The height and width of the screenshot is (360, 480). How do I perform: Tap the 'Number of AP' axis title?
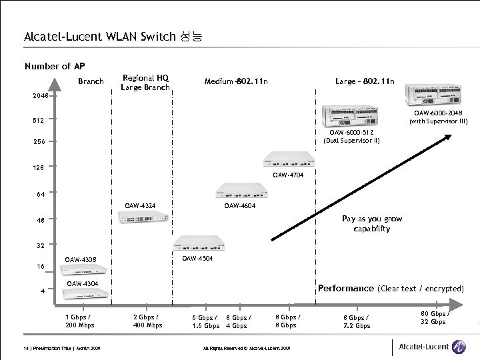pos(55,66)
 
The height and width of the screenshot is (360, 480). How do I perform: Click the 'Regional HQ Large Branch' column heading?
pos(145,83)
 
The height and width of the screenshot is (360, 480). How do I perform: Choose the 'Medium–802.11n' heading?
pos(236,82)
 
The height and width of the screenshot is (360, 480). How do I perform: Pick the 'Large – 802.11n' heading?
pos(365,81)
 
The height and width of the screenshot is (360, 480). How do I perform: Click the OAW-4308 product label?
pos(81,259)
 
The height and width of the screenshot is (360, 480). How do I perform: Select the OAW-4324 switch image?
pos(143,219)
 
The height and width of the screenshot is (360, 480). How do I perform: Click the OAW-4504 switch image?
pos(199,243)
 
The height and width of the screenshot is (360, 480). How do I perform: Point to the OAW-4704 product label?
pos(288,176)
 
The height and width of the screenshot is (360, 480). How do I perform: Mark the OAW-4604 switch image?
pos(238,192)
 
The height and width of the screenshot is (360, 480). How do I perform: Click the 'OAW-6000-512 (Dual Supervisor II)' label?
pos(351,136)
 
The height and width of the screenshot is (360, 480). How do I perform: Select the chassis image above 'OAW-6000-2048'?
pos(435,97)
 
